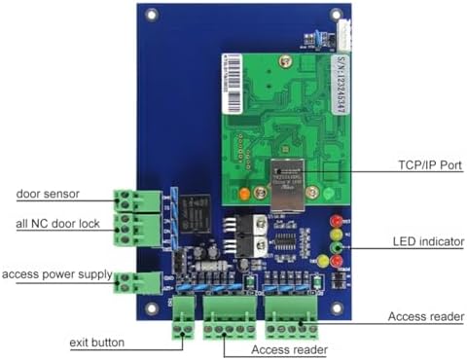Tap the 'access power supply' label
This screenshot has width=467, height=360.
57,273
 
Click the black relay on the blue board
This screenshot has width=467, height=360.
194,209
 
